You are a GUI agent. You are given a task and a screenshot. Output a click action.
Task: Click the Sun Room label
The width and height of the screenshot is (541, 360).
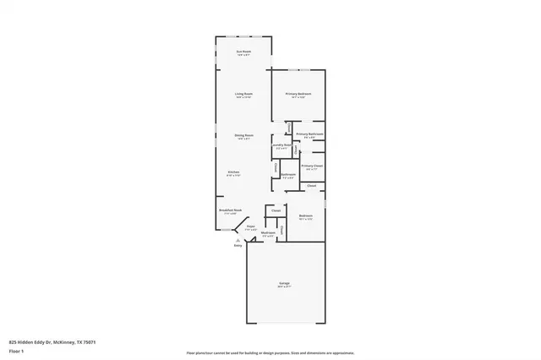coord(243,52)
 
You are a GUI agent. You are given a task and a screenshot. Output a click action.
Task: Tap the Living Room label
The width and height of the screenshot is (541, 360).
coord(243,94)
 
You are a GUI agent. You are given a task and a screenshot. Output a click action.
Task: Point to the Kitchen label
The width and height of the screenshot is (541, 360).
coord(233,172)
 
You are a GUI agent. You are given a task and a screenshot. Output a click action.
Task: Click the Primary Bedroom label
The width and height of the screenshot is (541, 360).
coord(298,94)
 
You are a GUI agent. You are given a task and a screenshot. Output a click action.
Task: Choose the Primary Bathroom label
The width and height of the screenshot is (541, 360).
coord(309,134)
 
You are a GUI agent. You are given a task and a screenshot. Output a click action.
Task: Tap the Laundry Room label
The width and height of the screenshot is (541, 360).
coord(281,145)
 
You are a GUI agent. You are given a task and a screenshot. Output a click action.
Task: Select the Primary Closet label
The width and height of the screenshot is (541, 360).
coord(312,166)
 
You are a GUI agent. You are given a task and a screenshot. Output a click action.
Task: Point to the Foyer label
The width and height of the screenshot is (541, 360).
coord(250,226)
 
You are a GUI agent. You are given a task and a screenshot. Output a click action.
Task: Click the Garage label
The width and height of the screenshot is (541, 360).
coord(284,284)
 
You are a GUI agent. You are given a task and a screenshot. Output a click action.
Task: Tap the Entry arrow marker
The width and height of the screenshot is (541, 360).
coord(238,239)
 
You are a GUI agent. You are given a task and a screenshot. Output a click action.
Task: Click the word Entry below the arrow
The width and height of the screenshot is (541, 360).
coord(238,245)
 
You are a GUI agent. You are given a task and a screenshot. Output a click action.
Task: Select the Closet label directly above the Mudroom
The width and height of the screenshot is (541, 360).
coord(276,210)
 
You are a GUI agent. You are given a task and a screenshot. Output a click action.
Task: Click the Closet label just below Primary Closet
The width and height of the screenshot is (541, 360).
coord(311,185)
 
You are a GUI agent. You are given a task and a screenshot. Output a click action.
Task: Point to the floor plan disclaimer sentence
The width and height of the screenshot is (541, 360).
coord(270,351)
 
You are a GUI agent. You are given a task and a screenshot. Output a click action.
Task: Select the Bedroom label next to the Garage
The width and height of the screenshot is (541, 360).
coord(306,216)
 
